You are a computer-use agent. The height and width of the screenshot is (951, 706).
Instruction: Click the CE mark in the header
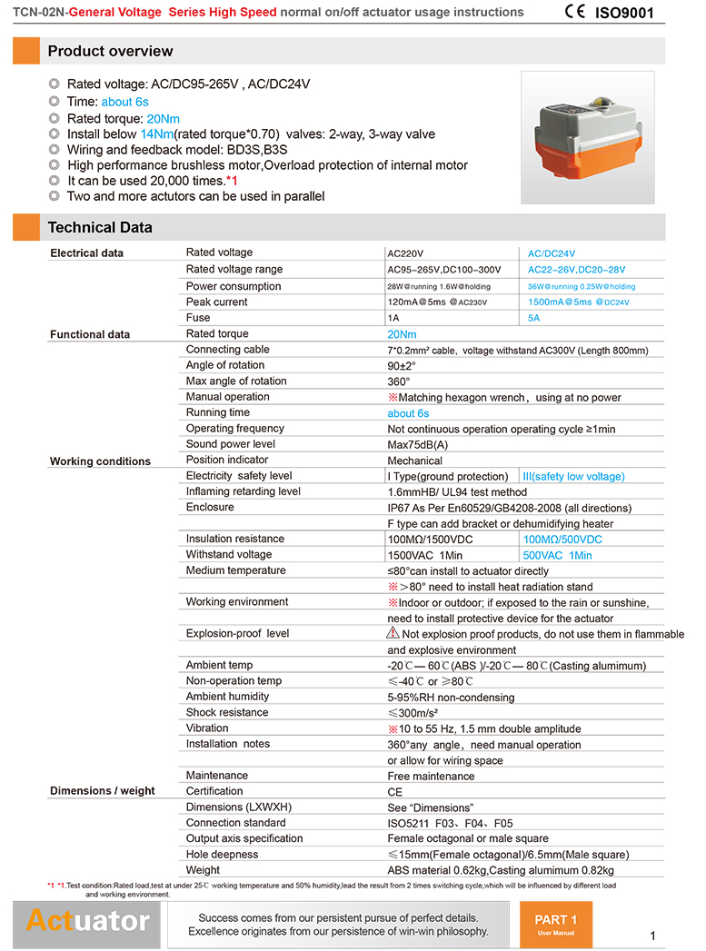575,13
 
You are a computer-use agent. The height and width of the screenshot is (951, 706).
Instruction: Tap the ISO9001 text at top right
624,14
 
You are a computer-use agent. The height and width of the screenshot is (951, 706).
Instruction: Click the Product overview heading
110,51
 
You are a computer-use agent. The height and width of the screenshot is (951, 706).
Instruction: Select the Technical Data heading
100,227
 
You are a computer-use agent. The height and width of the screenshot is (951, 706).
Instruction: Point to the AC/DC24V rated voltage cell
552,253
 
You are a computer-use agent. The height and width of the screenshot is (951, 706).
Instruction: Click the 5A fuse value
534,318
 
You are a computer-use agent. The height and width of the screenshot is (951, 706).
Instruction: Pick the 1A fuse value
393,318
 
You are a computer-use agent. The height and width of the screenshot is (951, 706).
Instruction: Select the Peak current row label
216,302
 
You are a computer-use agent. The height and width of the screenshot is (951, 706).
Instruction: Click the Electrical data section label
86,253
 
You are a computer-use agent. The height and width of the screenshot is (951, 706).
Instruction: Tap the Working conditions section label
100,461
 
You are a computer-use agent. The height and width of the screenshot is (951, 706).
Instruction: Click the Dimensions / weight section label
102,791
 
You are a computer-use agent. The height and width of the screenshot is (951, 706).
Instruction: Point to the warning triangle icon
393,633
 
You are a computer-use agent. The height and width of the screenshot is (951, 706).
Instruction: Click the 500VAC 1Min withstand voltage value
557,555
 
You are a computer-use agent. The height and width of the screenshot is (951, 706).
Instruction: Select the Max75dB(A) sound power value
417,445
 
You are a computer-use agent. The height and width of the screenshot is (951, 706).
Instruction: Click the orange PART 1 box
556,923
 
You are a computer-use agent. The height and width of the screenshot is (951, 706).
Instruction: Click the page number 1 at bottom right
653,936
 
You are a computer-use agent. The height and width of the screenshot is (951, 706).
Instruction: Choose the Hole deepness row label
222,855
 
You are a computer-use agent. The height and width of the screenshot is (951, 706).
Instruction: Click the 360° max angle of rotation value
399,381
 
